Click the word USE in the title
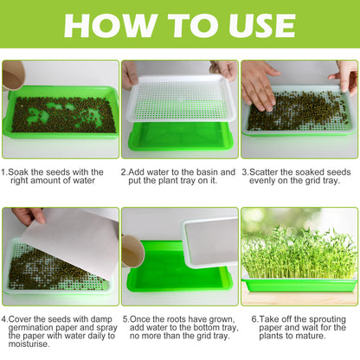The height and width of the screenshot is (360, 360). tap(254, 25)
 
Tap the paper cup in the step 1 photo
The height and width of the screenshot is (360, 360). tap(13, 76)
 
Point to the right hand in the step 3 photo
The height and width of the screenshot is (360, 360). tap(344, 74)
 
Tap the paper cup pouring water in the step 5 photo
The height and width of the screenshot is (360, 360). tap(132, 250)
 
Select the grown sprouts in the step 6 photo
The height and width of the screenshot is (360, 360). tap(299, 252)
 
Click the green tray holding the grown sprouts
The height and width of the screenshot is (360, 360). tap(299, 284)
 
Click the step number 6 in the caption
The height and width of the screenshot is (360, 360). tap(254, 318)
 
